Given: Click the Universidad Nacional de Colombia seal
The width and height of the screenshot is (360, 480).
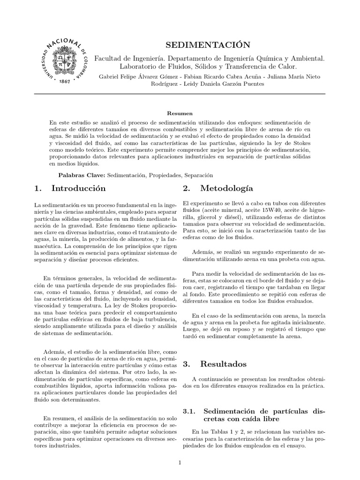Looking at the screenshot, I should pyautogui.click(x=64, y=60).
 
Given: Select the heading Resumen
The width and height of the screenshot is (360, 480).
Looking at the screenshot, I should pyautogui.click(x=180, y=113).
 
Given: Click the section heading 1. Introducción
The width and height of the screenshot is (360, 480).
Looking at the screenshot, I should pyautogui.click(x=70, y=188).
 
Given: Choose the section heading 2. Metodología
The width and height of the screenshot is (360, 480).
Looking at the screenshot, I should pyautogui.click(x=218, y=188).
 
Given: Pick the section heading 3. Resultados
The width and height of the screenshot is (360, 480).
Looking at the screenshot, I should pyautogui.click(x=214, y=364).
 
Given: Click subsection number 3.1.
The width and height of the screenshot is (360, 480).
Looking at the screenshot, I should pyautogui.click(x=189, y=411).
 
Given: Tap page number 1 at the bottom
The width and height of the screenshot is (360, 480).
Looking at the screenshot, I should pyautogui.click(x=180, y=463).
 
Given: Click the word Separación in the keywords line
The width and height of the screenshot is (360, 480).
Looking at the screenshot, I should pyautogui.click(x=199, y=175).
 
